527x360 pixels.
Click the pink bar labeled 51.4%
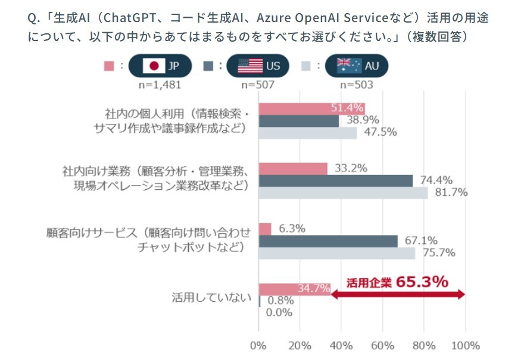[x=311, y=108]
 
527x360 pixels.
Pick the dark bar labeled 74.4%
[x=336, y=180]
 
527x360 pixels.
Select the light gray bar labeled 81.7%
[x=343, y=193]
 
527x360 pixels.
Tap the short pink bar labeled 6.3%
[x=265, y=228]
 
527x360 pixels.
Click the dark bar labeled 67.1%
[x=328, y=241]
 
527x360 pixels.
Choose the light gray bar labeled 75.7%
[x=337, y=253]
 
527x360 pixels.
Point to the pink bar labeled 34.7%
[x=294, y=289]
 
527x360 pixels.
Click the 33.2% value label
[x=350, y=168]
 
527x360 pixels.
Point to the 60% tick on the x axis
[x=382, y=346]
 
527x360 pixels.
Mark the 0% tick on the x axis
[x=258, y=346]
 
